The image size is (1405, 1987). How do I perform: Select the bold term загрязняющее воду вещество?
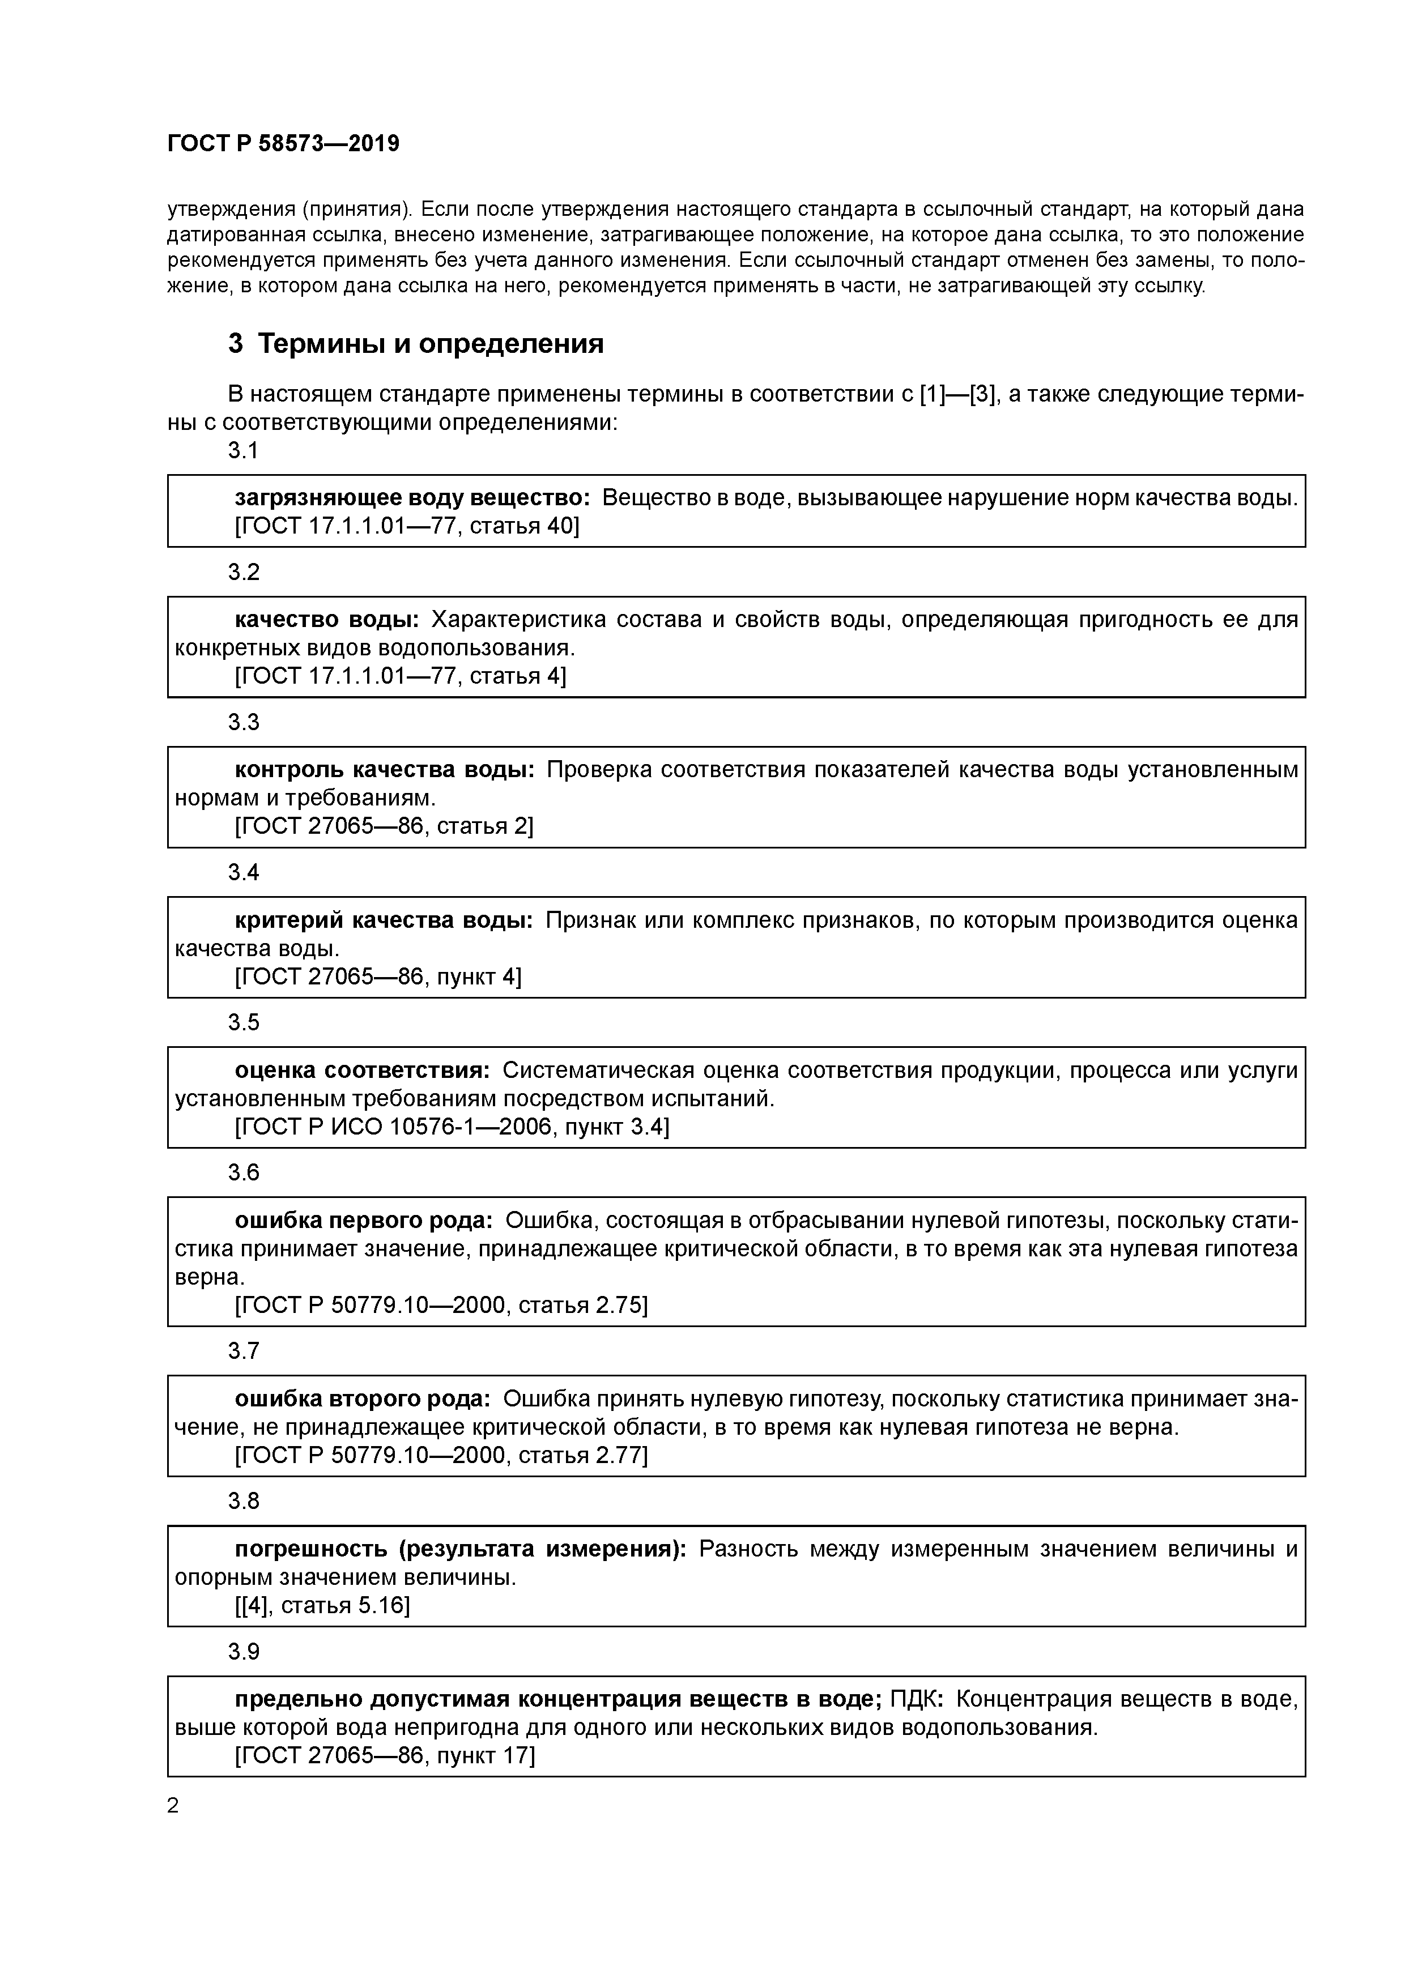tap(412, 498)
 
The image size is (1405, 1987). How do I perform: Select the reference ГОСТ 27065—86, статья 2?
tap(384, 826)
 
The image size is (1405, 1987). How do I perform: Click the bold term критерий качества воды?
tap(384, 920)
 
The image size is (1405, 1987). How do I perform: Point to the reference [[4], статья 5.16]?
tap(322, 1605)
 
